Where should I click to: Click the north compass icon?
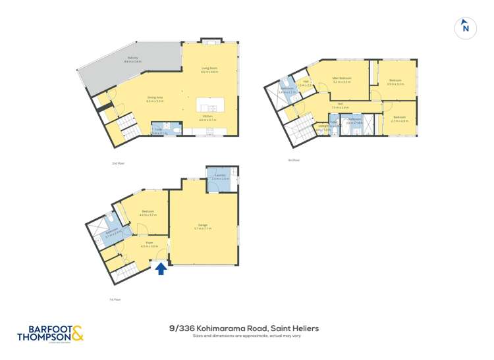[x=466, y=28]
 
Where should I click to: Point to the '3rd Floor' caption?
[x=293, y=160]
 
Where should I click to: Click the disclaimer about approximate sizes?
[x=246, y=336]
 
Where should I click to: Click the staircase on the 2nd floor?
[x=125, y=128]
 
